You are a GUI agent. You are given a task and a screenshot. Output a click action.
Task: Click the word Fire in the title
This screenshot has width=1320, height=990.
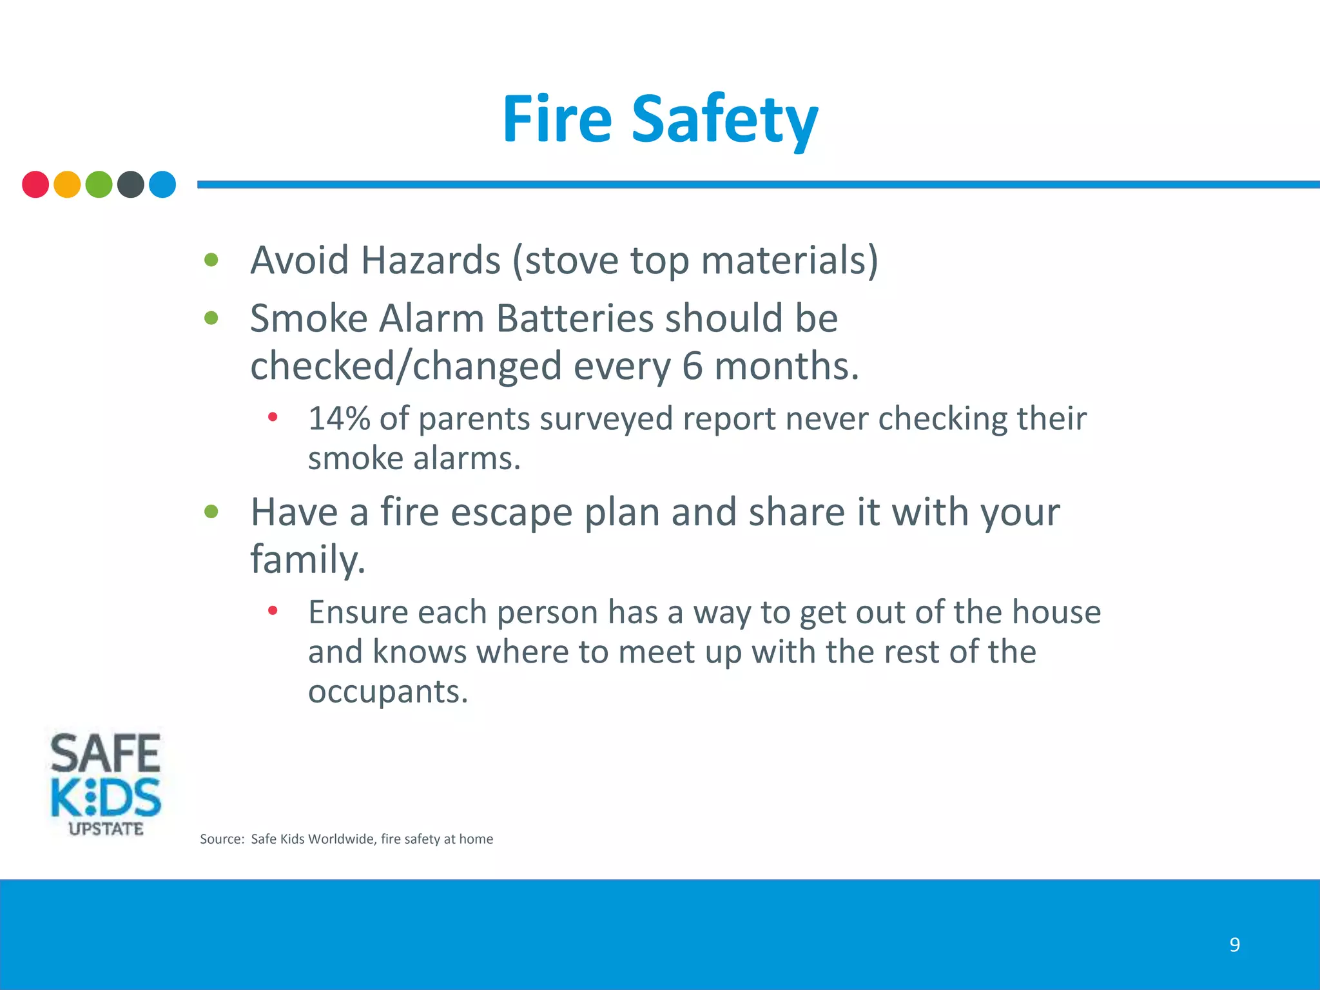556,119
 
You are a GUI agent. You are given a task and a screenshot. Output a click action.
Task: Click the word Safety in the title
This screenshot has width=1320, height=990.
724,121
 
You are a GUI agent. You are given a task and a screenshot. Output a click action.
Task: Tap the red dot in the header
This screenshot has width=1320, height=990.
35,184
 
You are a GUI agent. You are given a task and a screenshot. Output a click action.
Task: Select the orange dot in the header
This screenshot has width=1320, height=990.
67,184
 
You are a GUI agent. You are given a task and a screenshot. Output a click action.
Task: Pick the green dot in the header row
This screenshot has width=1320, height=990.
99,184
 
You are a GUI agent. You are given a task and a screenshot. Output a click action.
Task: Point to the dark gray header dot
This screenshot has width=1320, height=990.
131,184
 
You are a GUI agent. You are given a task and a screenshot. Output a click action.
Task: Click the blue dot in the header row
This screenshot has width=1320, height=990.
162,184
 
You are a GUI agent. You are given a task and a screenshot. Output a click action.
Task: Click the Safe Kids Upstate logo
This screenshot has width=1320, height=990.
106,784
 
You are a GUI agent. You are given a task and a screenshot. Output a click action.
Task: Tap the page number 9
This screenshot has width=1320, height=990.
1234,945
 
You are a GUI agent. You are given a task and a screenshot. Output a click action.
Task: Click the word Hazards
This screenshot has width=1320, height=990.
431,260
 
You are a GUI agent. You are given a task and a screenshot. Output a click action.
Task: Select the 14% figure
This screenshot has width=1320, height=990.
339,418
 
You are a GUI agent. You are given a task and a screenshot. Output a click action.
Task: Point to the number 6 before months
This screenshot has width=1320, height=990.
692,366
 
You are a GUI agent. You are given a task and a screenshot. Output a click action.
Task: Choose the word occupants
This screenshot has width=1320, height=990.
387,692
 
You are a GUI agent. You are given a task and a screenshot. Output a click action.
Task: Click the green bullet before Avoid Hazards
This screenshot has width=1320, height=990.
211,260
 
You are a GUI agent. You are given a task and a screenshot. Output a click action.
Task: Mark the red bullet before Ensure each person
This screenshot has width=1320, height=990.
273,610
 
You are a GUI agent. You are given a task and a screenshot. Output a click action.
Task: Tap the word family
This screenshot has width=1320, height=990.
307,559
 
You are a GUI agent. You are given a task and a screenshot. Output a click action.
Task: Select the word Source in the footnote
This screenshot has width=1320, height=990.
222,839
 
